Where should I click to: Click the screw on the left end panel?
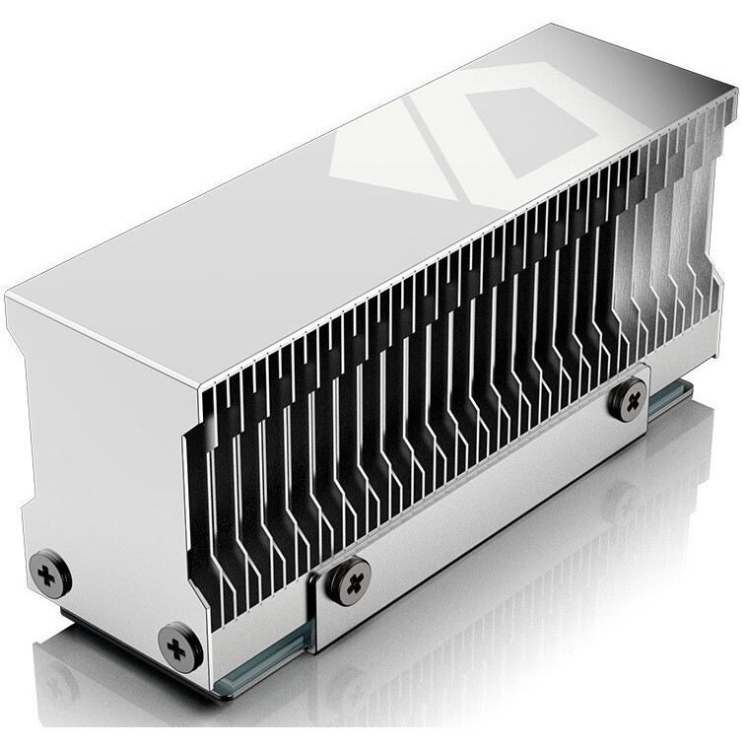click(x=48, y=573)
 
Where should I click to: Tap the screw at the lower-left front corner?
click(x=179, y=646)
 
